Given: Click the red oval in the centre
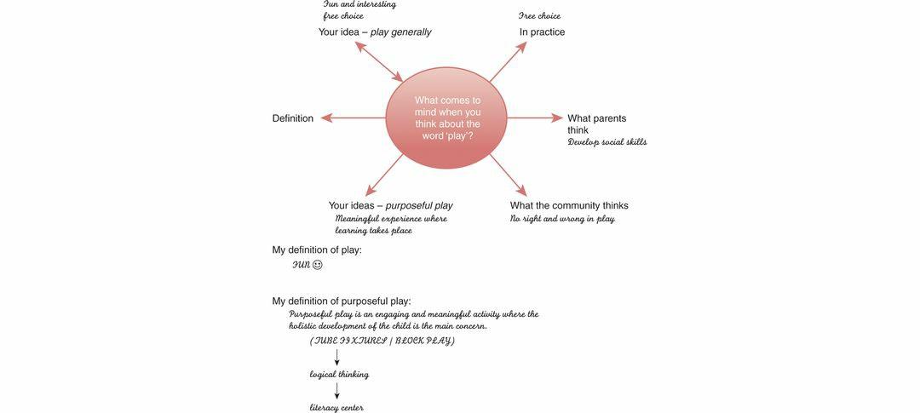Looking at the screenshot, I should click(446, 118).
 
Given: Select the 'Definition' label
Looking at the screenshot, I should click(292, 118).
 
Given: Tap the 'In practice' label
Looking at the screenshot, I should click(542, 32).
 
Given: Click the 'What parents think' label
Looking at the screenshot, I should click(596, 124).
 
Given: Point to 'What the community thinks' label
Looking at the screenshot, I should click(569, 205).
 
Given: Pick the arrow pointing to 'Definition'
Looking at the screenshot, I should click(353, 118).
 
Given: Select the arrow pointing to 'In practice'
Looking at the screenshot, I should click(508, 62).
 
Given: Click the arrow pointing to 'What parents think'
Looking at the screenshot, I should click(535, 118).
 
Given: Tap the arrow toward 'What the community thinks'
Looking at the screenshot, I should click(508, 175).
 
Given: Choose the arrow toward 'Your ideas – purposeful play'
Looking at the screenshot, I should click(384, 175).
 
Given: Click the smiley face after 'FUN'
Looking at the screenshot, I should click(318, 265).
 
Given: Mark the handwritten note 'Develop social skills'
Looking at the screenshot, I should click(607, 142).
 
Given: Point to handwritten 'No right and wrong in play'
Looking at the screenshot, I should click(562, 219).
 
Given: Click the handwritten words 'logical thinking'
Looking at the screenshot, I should click(339, 375).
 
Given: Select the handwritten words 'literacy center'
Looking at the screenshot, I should click(336, 408).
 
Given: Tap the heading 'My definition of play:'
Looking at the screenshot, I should click(317, 250).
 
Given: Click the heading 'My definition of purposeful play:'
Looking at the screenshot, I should click(342, 301).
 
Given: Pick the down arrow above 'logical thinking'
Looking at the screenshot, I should click(337, 357).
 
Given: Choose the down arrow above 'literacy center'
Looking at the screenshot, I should click(337, 391).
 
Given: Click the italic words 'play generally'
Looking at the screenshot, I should click(400, 32).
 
